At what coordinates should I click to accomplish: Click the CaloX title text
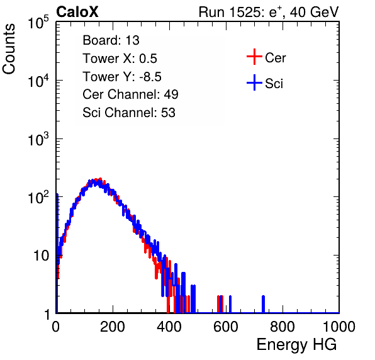77,12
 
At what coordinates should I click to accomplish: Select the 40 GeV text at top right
314,13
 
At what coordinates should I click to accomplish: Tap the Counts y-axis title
9,49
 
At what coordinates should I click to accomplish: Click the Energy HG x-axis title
296,345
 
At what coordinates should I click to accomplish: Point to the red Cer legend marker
254,57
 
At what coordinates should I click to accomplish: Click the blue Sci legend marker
254,82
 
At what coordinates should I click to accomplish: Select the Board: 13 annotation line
111,40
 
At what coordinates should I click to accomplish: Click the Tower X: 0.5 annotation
120,59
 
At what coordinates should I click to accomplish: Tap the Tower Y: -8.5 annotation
122,77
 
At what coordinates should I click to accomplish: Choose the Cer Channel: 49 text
130,94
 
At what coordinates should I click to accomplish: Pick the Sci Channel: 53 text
129,113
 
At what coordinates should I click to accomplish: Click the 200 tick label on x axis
113,327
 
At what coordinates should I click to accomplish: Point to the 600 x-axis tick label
226,327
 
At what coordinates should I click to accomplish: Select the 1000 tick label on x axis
339,327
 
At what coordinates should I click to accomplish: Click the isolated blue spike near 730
263,304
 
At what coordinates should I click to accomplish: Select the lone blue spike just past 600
230,304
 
